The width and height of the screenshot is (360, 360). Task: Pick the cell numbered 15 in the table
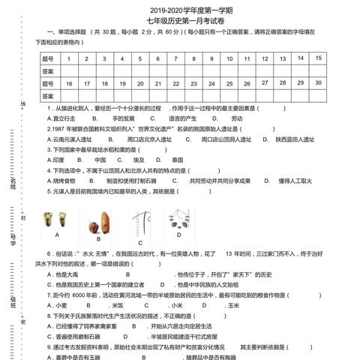319,58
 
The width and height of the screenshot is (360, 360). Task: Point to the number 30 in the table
319,83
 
